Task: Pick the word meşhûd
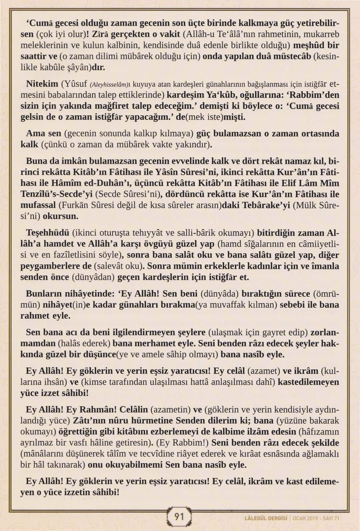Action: [x=310, y=46]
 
